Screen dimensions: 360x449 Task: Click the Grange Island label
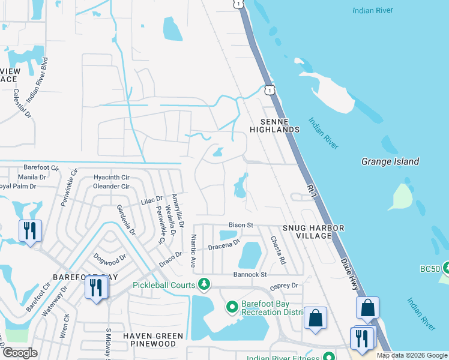390,161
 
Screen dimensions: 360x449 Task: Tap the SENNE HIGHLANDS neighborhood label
274,125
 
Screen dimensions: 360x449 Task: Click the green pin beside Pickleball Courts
205,283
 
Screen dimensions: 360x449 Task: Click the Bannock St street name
251,274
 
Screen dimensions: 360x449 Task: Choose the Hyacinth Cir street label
112,178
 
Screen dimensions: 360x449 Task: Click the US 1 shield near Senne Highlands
270,90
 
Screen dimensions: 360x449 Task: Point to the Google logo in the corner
20,352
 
